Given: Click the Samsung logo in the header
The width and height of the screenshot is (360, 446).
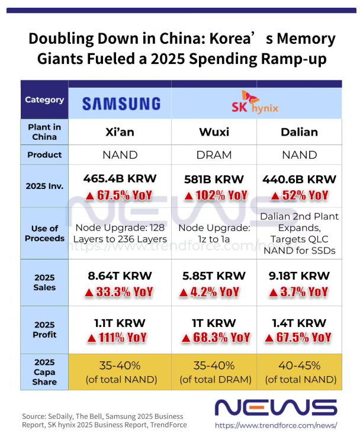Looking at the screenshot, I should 121,104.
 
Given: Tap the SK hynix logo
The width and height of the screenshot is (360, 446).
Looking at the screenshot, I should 257,103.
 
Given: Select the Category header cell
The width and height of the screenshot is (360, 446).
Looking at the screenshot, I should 44,100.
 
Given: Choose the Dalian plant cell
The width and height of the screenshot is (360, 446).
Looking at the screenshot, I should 299,131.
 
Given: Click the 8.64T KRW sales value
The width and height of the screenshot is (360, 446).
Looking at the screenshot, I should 120,275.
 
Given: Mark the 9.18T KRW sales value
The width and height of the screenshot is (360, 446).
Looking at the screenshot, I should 299,275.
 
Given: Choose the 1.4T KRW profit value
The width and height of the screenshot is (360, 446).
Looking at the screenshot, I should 299,323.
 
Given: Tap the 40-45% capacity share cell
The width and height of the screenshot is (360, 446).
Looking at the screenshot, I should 299,372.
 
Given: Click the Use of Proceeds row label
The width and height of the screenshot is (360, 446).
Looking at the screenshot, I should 44,233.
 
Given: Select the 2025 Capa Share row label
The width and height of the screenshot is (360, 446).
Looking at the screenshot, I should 44,372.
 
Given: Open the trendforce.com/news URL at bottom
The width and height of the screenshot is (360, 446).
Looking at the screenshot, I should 276,425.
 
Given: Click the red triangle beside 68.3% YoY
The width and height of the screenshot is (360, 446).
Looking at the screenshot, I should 185,338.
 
